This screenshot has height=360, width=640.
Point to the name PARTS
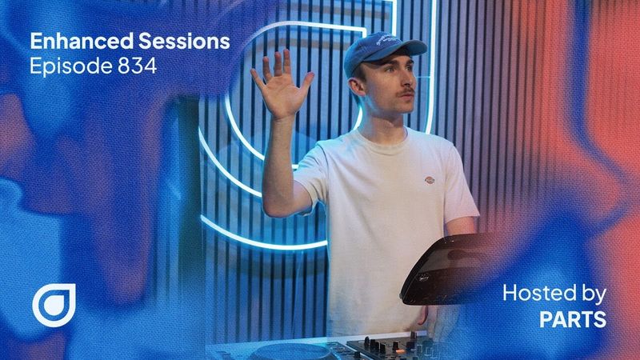pos(573,319)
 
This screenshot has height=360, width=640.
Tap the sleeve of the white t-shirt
pos(316,172)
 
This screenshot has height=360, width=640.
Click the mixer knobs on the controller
pos(384,346)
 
